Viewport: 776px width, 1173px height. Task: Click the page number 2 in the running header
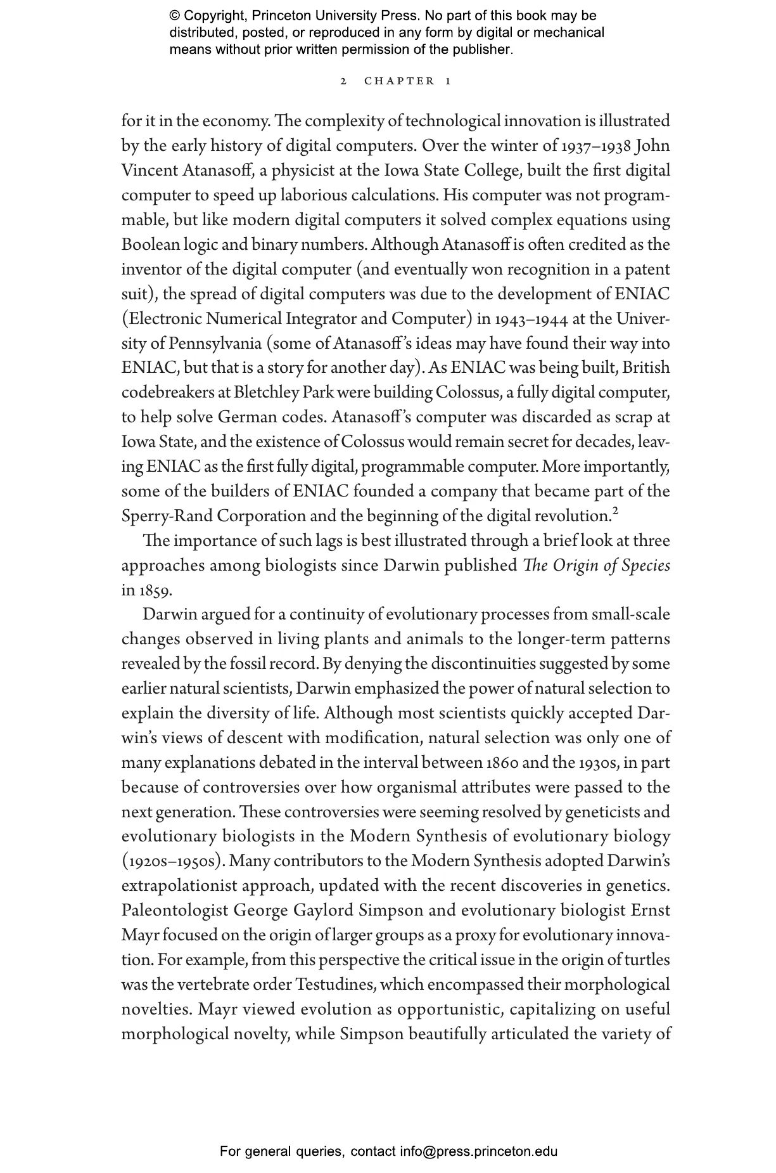[343, 81]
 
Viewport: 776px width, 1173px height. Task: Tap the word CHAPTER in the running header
[399, 81]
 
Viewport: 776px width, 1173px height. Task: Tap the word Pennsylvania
[215, 344]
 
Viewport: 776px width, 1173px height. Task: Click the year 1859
[153, 591]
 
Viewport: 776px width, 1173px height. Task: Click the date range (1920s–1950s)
[173, 862]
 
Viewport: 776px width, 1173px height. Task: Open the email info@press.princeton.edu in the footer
[478, 1151]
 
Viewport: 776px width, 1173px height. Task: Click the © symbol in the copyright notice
[175, 16]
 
